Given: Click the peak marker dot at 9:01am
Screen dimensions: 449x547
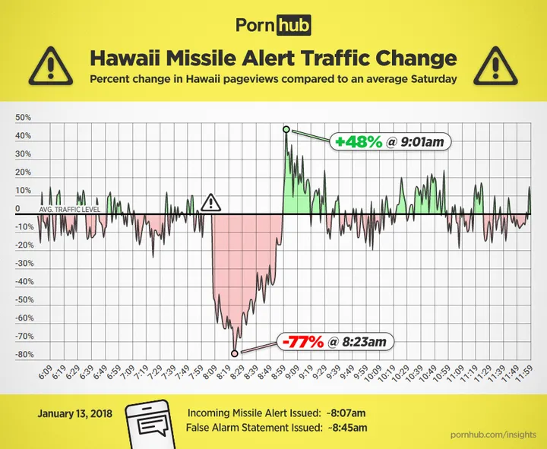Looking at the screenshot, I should click(286, 129).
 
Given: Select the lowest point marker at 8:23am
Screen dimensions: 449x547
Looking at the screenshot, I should click(234, 353).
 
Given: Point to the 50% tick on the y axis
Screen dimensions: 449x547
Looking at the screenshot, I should click(23, 118).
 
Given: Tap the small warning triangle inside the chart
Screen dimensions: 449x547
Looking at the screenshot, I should click(210, 203).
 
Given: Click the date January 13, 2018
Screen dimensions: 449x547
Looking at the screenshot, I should click(70, 414).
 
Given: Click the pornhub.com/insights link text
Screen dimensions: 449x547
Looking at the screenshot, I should click(492, 433).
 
